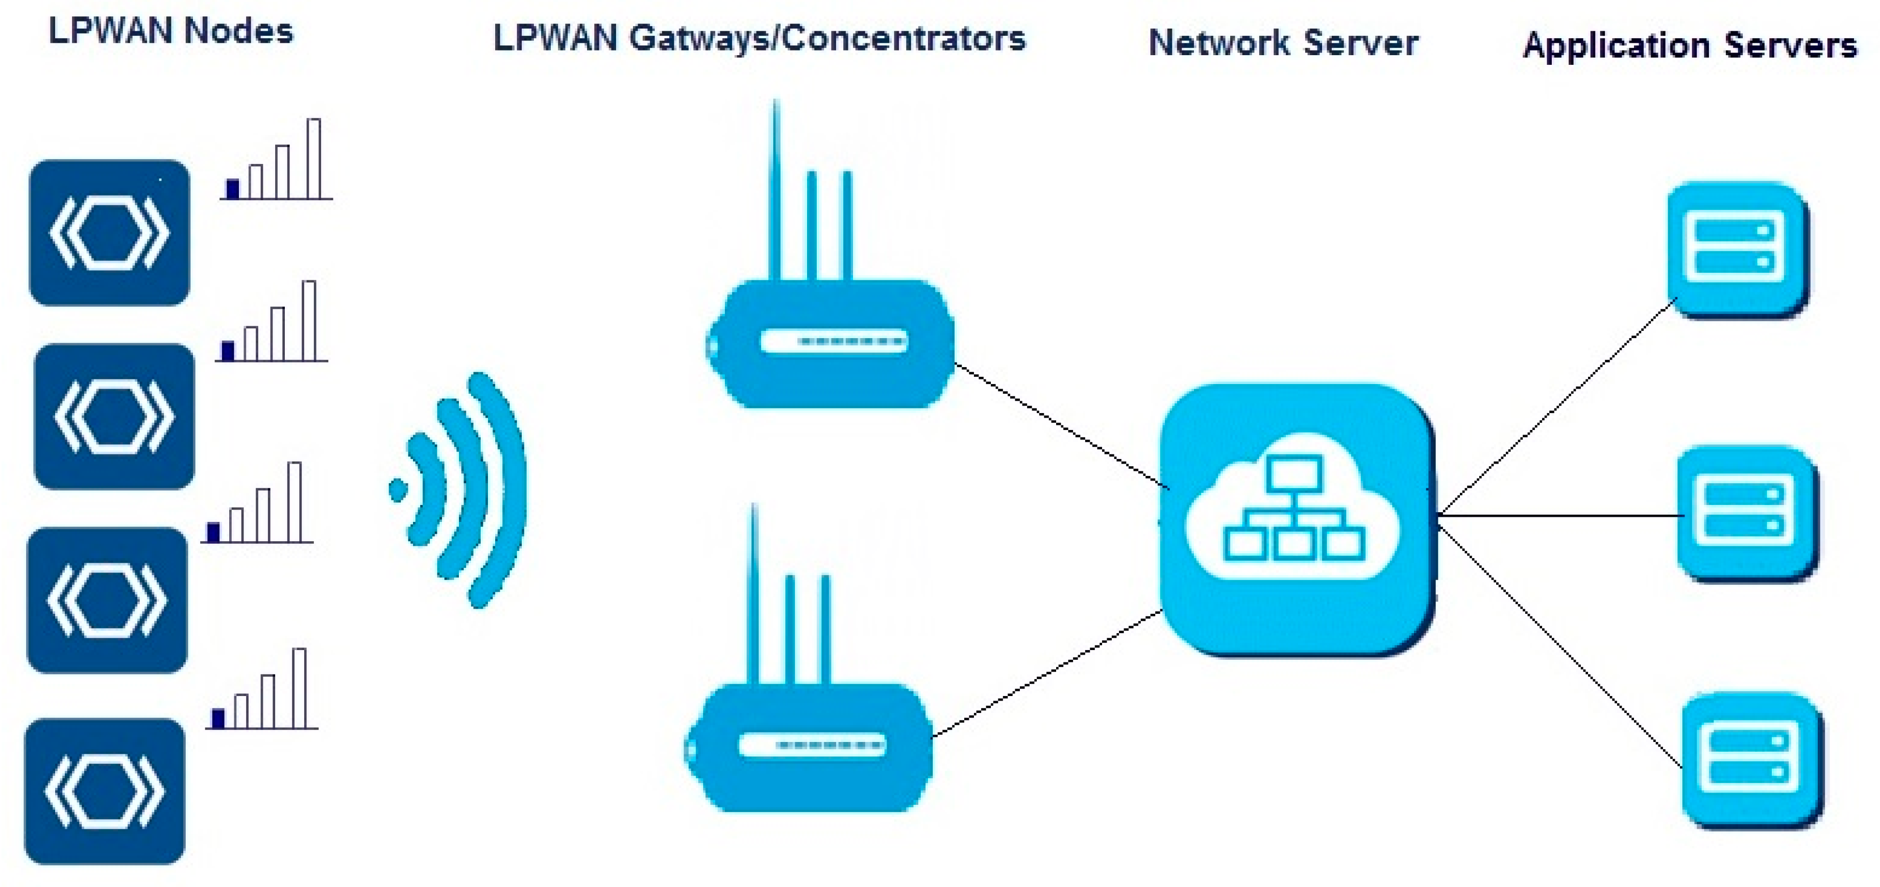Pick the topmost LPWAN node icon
coord(109,233)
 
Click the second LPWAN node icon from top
coord(114,416)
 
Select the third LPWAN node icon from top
coord(107,600)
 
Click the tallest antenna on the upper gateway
coord(776,190)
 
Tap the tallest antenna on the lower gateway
coord(754,591)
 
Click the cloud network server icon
coord(1296,518)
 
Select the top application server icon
coord(1738,249)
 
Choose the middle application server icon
coord(1746,513)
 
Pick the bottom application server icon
coord(1751,759)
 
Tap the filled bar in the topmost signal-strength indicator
coord(233,189)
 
